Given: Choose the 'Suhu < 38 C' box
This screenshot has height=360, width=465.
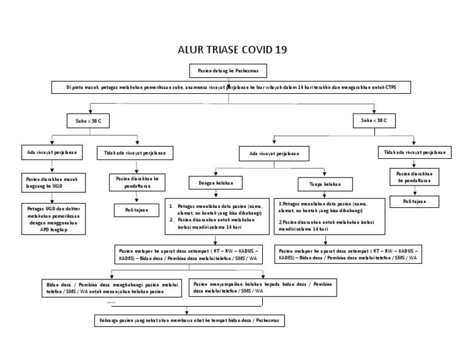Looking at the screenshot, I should click(374, 121).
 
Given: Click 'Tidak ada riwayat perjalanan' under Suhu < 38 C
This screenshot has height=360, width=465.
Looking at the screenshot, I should click(414, 153).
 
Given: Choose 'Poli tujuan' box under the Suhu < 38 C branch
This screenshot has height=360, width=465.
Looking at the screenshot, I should click(414, 201).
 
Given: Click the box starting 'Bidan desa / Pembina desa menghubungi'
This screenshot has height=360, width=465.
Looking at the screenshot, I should click(113, 288).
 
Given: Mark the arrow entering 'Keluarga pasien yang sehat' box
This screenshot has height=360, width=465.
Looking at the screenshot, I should click(185, 308).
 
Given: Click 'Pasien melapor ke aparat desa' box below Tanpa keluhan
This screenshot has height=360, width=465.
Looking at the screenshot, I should click(348, 253).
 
